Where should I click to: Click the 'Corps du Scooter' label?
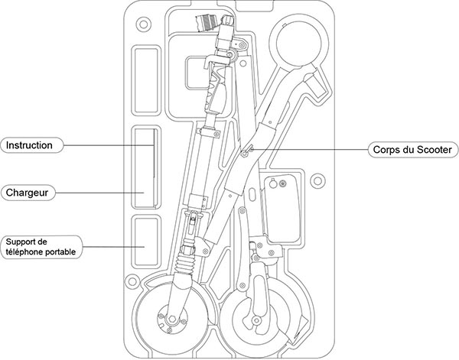412,148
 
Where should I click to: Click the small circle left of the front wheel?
131,283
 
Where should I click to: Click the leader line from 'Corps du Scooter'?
314,148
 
